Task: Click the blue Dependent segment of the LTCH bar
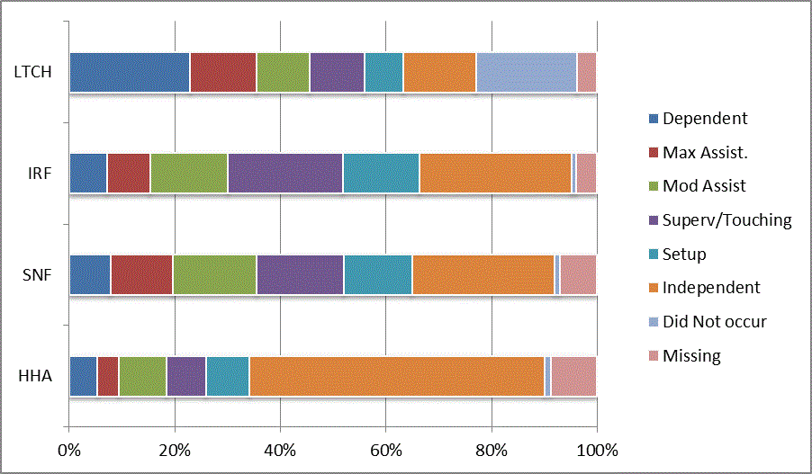(129, 72)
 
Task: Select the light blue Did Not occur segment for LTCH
(526, 72)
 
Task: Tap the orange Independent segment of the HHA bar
(396, 376)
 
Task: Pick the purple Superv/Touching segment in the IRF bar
(284, 173)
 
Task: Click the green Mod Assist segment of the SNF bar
(214, 274)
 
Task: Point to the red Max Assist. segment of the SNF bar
(141, 274)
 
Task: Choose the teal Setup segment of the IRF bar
(381, 173)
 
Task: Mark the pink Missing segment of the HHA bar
(573, 376)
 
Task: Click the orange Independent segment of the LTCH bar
(439, 72)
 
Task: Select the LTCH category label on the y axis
(32, 72)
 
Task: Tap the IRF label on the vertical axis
(39, 174)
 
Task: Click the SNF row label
(37, 275)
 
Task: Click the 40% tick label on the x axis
(280, 450)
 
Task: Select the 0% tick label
(69, 450)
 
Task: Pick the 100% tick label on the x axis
(596, 450)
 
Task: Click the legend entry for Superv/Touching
(726, 220)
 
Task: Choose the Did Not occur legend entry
(714, 321)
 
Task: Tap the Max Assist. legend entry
(705, 152)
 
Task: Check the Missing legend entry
(690, 355)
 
